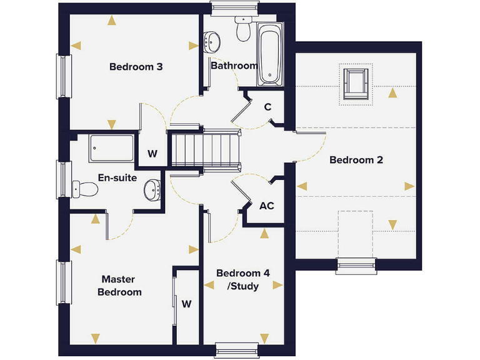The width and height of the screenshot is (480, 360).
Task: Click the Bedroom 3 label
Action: (x=136, y=66)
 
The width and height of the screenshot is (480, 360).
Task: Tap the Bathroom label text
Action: (x=234, y=66)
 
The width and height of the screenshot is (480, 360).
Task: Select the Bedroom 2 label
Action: (x=356, y=160)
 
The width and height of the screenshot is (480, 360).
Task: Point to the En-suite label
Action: (x=117, y=178)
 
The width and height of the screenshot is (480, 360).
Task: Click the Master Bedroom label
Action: (x=122, y=286)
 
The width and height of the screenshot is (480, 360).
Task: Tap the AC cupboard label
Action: (x=266, y=205)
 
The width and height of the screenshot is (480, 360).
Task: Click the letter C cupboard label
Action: (x=267, y=107)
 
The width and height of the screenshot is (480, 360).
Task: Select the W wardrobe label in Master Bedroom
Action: (x=186, y=304)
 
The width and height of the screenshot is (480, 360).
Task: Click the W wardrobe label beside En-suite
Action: (x=152, y=153)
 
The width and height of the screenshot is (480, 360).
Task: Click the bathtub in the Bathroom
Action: (x=269, y=54)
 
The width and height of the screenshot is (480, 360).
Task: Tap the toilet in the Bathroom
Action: (x=242, y=29)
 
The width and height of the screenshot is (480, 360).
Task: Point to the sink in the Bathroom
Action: (x=213, y=42)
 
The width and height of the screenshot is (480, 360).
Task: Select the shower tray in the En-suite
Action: (x=111, y=148)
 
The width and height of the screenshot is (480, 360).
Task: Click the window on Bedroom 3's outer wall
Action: (x=63, y=76)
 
